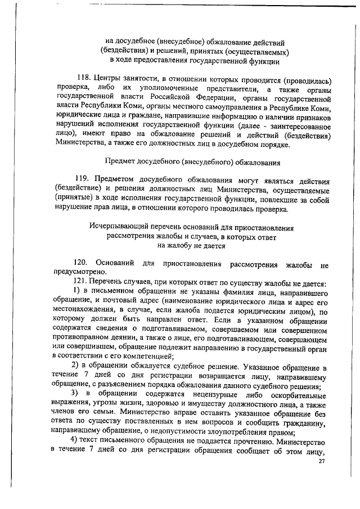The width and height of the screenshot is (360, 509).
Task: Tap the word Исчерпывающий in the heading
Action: click(118, 228)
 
